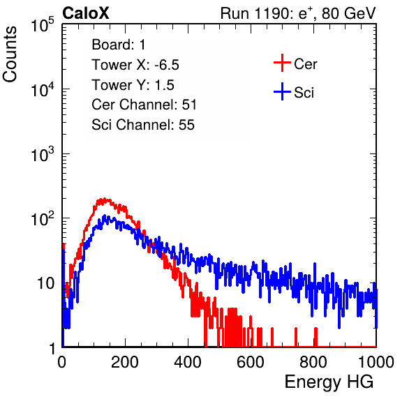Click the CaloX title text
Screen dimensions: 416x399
(x=85, y=13)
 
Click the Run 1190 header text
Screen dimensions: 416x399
(x=298, y=13)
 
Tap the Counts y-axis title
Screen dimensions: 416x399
(x=10, y=54)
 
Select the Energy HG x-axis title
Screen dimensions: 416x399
(x=329, y=382)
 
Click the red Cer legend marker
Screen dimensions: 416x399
(x=282, y=63)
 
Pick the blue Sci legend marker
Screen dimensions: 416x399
(x=282, y=91)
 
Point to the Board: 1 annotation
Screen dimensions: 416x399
(x=119, y=45)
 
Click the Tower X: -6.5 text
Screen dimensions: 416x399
(x=135, y=65)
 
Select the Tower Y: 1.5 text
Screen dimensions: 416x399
(x=133, y=85)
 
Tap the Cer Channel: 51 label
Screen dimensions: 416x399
(x=144, y=105)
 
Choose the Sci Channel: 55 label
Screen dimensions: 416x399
(x=143, y=125)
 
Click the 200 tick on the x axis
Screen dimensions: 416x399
(x=125, y=362)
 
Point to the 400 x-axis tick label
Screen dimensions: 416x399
(x=188, y=362)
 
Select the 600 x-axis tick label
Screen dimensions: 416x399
(x=251, y=362)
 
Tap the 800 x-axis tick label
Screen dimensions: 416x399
(x=313, y=362)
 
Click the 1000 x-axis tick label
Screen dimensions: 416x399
(x=376, y=362)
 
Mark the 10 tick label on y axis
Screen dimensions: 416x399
(x=46, y=283)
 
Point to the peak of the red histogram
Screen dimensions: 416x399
(x=105, y=199)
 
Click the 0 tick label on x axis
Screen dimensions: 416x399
(x=61, y=362)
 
